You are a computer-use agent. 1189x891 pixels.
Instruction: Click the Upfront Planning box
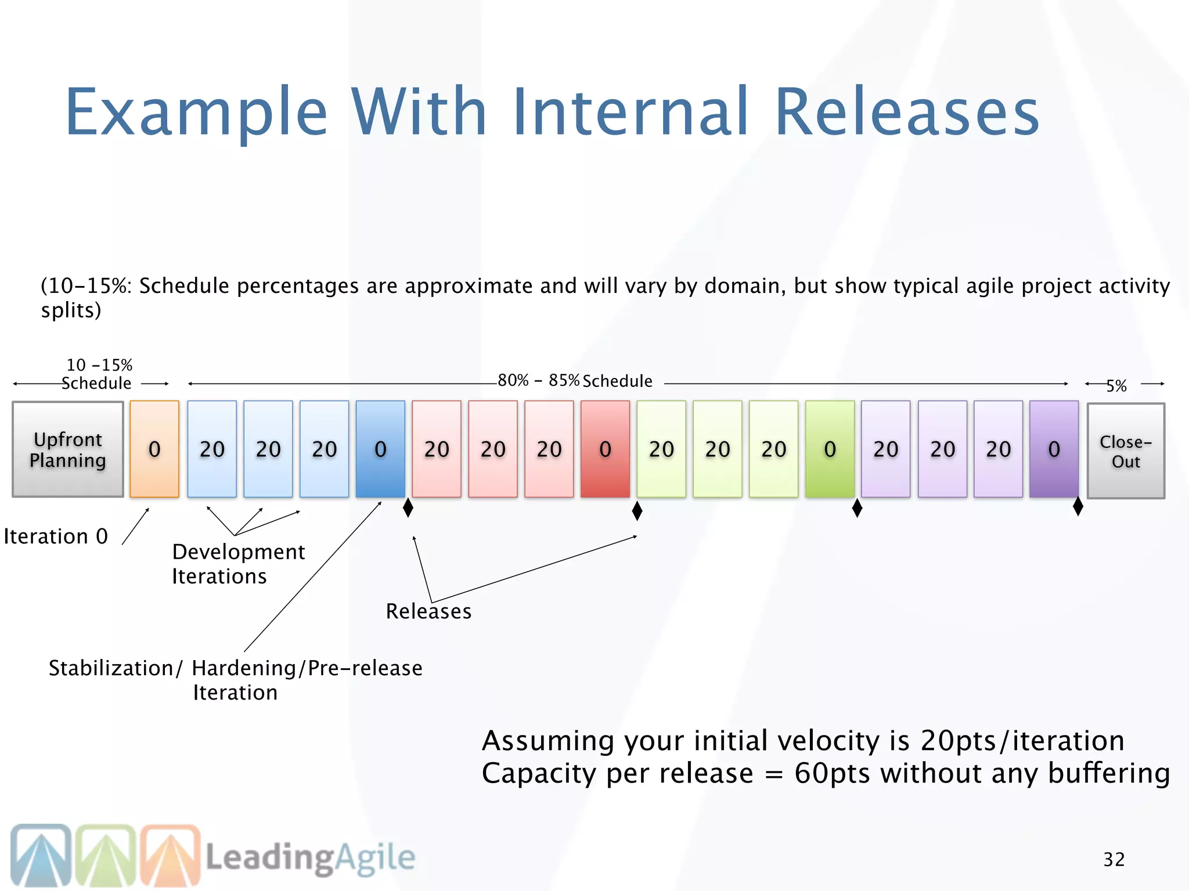point(68,450)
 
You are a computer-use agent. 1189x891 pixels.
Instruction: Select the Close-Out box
point(1126,451)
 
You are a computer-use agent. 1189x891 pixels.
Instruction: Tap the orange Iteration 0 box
point(154,449)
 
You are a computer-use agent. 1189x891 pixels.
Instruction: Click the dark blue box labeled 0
point(380,449)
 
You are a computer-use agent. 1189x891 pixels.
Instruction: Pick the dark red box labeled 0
point(605,449)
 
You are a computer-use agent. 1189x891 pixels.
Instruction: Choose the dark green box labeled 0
point(830,449)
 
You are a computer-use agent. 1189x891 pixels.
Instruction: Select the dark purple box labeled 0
point(1054,449)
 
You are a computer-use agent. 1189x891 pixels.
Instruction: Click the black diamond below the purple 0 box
point(1078,506)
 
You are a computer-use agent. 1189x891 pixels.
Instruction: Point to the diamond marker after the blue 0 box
point(408,508)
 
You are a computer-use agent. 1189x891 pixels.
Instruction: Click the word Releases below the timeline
point(428,611)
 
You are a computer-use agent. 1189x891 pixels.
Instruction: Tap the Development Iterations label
point(238,564)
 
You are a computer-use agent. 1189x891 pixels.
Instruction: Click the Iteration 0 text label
point(56,537)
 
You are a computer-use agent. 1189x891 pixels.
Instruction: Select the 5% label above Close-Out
point(1116,386)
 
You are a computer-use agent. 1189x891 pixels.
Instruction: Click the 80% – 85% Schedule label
point(575,381)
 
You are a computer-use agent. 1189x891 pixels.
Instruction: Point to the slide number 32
point(1114,859)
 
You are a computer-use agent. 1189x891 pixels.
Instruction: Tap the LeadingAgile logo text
point(310,858)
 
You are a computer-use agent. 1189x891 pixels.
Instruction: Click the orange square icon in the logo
point(170,855)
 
